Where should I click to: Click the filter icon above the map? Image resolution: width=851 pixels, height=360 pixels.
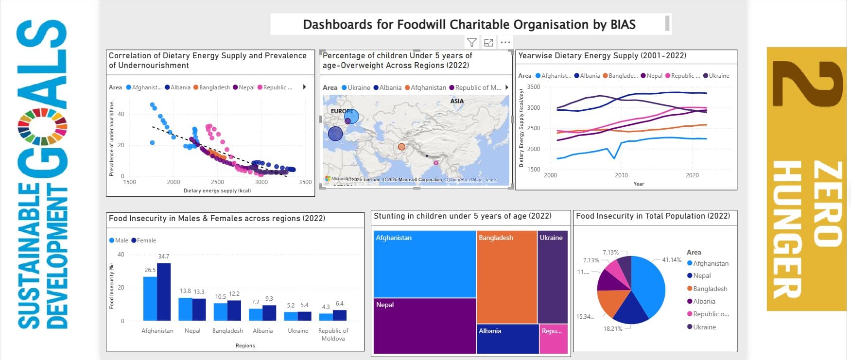[471, 42]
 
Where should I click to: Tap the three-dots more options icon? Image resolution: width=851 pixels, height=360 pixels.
[505, 42]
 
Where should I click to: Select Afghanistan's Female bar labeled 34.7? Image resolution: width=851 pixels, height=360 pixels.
[164, 291]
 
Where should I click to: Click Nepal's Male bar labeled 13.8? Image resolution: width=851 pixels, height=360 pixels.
[185, 309]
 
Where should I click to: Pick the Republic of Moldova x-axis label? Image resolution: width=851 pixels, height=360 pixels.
[333, 334]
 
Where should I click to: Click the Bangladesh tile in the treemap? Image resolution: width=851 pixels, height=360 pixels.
[506, 277]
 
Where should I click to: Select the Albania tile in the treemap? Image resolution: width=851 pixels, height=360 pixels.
[507, 339]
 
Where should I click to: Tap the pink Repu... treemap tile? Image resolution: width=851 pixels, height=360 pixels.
[553, 339]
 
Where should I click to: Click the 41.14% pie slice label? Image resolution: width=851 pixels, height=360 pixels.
[672, 260]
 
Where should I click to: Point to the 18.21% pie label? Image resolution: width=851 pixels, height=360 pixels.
[612, 329]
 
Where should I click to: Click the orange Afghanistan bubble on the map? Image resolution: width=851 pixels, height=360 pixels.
[401, 147]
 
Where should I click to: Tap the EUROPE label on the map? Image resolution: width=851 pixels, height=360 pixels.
[342, 111]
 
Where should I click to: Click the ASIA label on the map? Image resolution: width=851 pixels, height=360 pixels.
[457, 101]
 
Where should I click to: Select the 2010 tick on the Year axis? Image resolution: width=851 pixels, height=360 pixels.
[621, 175]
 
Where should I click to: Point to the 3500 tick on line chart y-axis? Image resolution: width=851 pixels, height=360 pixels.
[533, 87]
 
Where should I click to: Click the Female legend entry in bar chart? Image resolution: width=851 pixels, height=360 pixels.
[146, 240]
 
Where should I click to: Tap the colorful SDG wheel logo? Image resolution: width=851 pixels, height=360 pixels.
[42, 126]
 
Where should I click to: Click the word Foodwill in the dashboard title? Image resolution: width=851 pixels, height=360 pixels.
[421, 24]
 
